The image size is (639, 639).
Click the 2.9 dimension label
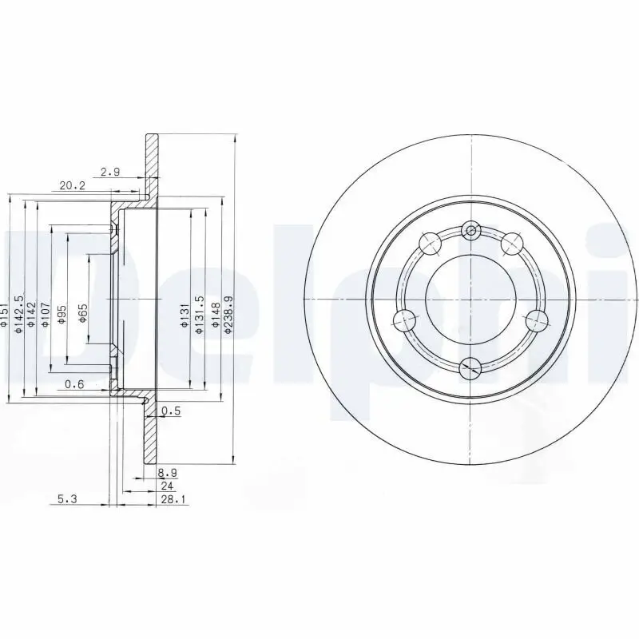(x=111, y=172)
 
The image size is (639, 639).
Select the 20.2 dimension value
(x=73, y=186)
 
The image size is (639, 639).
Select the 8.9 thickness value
(x=167, y=473)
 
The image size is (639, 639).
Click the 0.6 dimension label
(x=75, y=384)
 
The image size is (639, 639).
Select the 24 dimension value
(x=167, y=486)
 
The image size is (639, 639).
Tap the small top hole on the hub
(x=471, y=232)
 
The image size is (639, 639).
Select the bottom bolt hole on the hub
(x=471, y=367)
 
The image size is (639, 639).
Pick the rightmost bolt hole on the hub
(x=538, y=320)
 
